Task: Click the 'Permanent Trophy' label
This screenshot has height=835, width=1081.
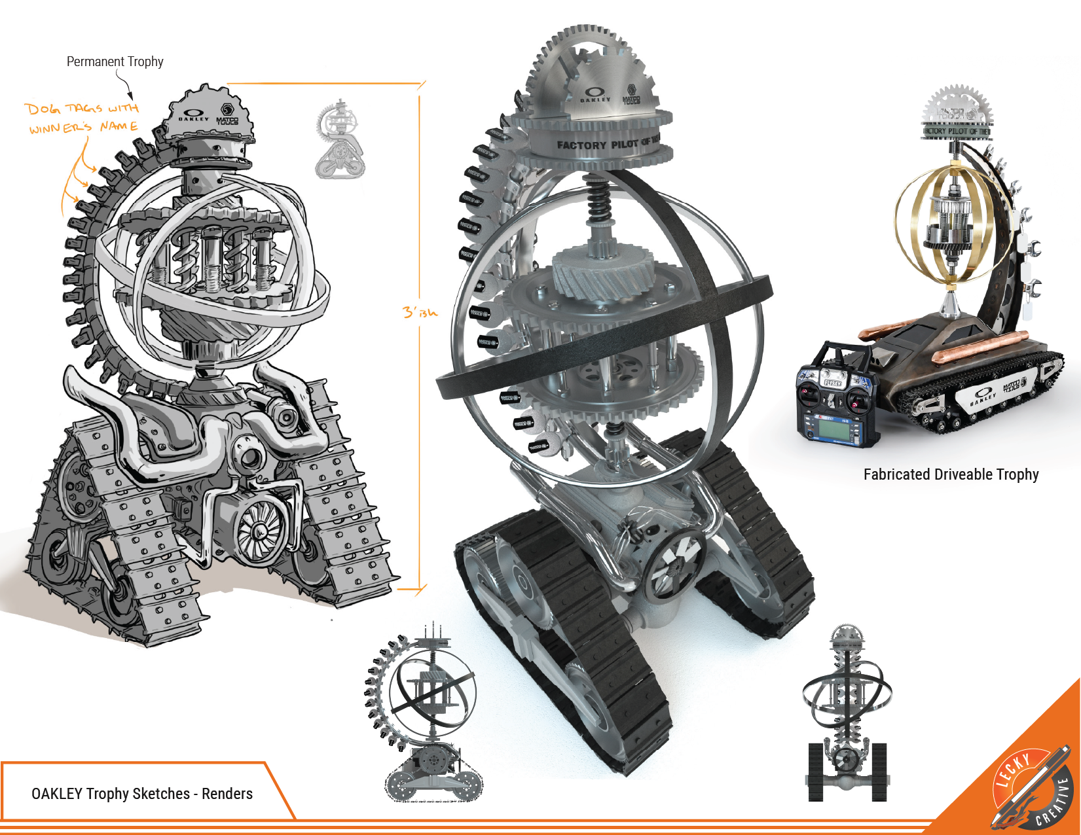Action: (x=115, y=62)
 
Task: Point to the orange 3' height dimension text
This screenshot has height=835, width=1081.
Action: (x=419, y=312)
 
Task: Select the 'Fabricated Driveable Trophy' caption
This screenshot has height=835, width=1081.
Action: (x=951, y=474)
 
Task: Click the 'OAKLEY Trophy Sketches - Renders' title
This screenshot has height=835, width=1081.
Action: (x=142, y=794)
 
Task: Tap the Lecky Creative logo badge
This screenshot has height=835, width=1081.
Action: (x=1032, y=789)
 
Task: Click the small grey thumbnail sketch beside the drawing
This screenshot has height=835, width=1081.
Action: (x=340, y=140)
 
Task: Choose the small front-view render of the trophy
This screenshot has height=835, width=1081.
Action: (x=847, y=713)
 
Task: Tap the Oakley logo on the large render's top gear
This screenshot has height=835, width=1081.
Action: (x=595, y=95)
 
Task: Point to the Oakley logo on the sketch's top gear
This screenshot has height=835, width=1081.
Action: (x=194, y=114)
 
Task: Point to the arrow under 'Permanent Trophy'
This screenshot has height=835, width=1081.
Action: (x=125, y=85)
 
